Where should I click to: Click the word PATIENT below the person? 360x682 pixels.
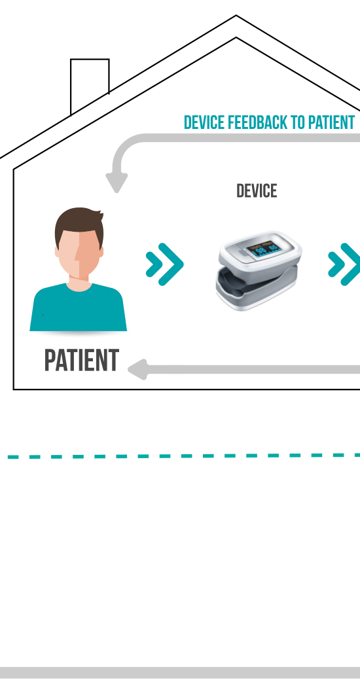pyautogui.click(x=82, y=360)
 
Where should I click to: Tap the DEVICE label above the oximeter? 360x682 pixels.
pyautogui.click(x=257, y=191)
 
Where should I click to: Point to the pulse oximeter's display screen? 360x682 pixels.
pyautogui.click(x=264, y=249)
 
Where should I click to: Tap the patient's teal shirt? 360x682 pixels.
pyautogui.click(x=79, y=309)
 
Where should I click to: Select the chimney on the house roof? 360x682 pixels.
pyautogui.click(x=90, y=82)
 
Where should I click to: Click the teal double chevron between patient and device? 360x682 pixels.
pyautogui.click(x=164, y=264)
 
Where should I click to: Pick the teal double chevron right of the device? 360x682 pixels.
pyautogui.click(x=344, y=264)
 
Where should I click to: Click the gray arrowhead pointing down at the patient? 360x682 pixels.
pyautogui.click(x=117, y=183)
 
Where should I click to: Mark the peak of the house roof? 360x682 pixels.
pyautogui.click(x=236, y=16)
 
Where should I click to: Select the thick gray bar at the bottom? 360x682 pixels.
pyautogui.click(x=180, y=672)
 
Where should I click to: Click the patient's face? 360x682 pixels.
pyautogui.click(x=80, y=252)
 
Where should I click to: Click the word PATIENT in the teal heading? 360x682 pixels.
pyautogui.click(x=332, y=122)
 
